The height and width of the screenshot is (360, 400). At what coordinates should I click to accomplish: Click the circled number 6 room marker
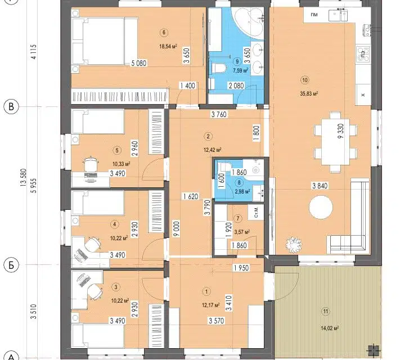coord(164,32)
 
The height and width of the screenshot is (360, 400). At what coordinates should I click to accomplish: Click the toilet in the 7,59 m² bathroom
coord(218,69)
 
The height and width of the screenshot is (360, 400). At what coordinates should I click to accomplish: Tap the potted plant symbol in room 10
coord(294,244)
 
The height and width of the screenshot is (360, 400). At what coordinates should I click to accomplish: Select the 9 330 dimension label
coord(341,131)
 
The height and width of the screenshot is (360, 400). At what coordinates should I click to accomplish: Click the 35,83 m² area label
coord(309,94)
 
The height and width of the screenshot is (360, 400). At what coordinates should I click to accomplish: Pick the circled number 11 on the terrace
coord(326,311)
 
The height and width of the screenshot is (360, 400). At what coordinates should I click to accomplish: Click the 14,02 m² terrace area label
coord(330,328)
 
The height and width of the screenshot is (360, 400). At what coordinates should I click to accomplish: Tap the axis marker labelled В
coord(11,106)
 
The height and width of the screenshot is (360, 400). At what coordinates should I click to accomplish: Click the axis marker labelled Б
coord(11,265)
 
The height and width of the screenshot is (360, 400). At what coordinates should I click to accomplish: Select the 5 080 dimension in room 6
coord(139,63)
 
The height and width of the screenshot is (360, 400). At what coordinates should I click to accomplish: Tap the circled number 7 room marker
coord(238,218)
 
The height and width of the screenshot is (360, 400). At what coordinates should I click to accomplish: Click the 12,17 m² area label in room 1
coord(211,305)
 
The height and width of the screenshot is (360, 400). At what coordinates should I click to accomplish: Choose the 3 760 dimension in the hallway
coord(219,115)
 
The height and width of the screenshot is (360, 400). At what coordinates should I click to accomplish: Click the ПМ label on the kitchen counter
coord(314,15)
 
